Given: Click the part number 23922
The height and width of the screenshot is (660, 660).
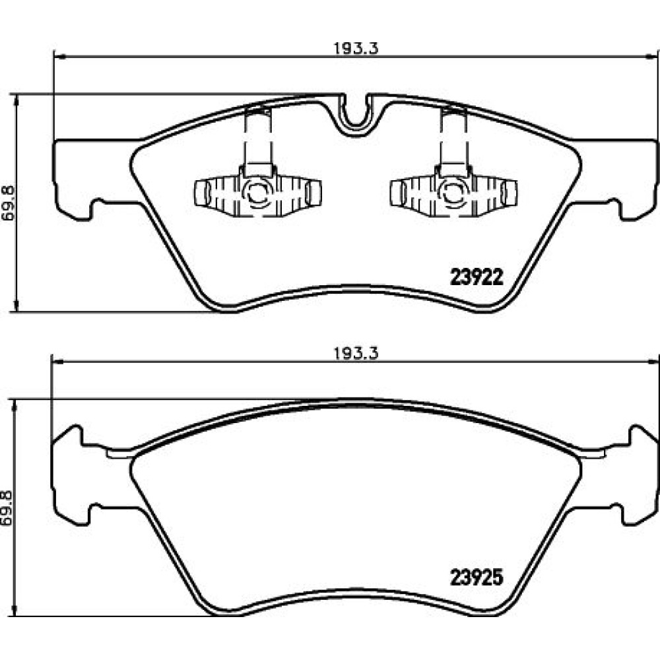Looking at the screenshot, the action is click(x=477, y=277).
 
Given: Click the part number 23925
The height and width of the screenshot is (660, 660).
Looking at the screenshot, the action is click(x=477, y=577).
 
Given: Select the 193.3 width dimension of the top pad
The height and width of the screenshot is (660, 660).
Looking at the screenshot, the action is click(x=356, y=48).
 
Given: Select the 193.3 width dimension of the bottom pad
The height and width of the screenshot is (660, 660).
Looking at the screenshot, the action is click(x=356, y=352).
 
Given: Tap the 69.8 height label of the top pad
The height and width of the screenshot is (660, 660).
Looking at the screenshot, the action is click(x=9, y=203).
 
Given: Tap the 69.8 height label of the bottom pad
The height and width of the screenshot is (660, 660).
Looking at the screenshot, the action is click(x=9, y=508).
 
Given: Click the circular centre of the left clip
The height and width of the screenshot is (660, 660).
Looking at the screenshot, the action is click(x=257, y=192).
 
